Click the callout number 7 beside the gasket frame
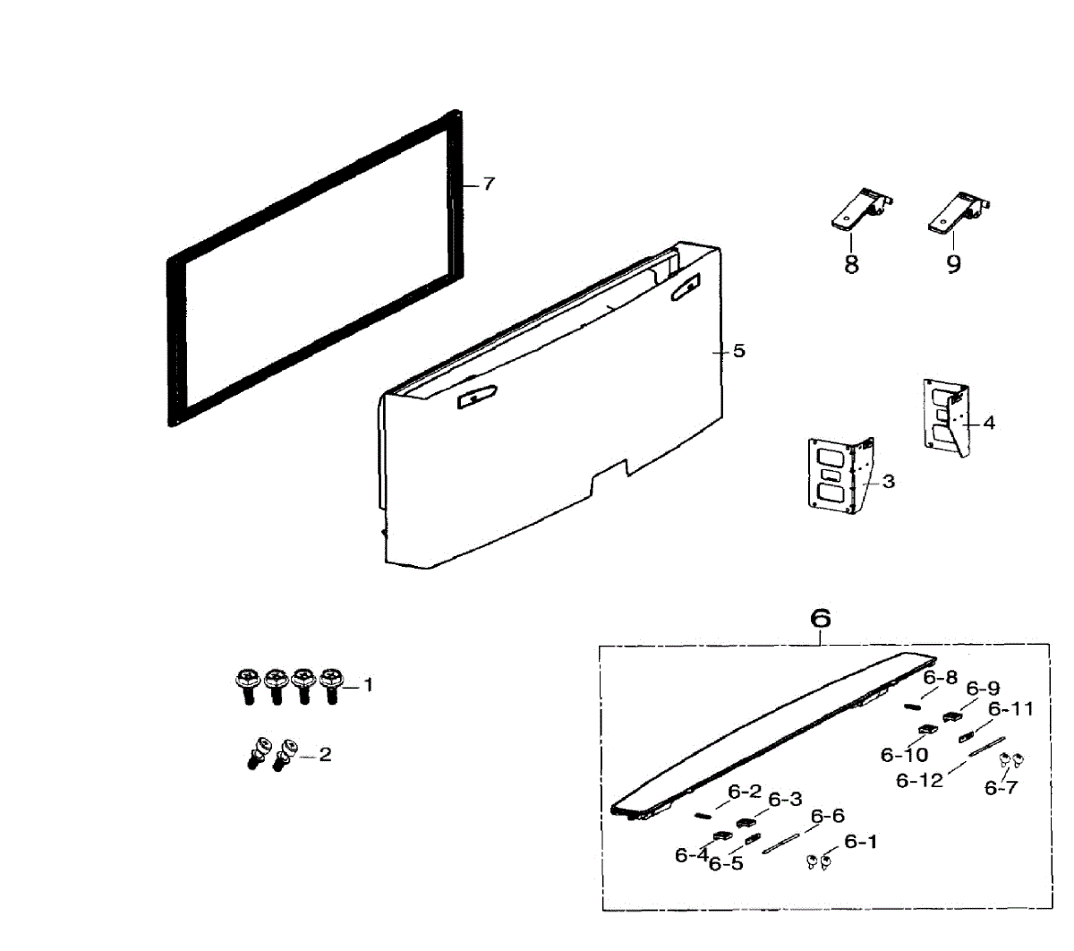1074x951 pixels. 488,184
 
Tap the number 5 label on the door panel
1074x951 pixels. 738,351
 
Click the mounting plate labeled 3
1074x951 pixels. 840,475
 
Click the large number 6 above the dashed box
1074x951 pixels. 820,618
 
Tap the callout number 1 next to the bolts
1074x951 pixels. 368,685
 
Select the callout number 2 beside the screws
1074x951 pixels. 325,755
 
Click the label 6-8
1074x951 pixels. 940,677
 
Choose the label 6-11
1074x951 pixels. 1011,709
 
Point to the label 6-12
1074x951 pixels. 919,781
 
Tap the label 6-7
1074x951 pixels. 1002,788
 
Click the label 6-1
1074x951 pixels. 861,842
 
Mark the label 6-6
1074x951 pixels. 827,817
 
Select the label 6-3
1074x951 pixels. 785,800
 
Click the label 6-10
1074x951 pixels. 904,755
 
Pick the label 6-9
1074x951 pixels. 983,689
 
